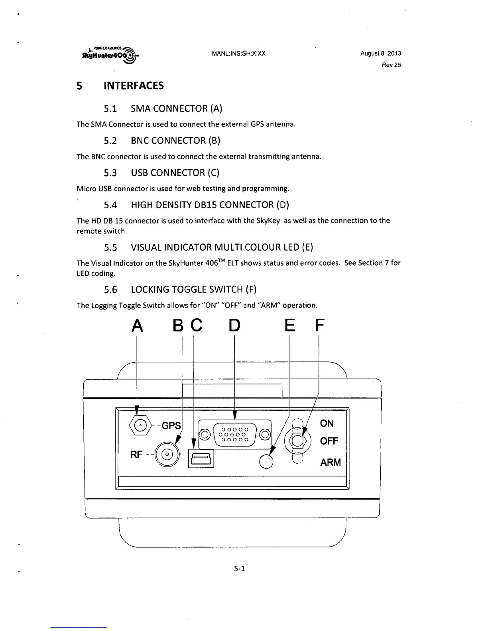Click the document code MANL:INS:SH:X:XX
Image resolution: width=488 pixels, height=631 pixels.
(239, 53)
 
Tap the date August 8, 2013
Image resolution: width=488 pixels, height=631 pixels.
(380, 53)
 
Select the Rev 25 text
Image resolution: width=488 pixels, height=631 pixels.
(391, 65)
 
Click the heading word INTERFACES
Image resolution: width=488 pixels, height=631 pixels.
(134, 86)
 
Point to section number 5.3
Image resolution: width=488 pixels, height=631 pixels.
(110, 172)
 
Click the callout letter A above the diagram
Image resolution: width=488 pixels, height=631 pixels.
(137, 326)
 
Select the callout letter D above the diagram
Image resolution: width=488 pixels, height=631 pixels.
(235, 326)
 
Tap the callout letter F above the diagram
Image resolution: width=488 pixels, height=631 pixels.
(319, 326)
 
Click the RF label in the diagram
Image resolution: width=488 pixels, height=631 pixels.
(136, 454)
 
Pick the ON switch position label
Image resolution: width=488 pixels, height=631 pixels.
(327, 423)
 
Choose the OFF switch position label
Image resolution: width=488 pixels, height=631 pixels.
(329, 441)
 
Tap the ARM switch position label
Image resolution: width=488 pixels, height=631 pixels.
(331, 462)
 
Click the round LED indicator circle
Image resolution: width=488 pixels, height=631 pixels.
(266, 461)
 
